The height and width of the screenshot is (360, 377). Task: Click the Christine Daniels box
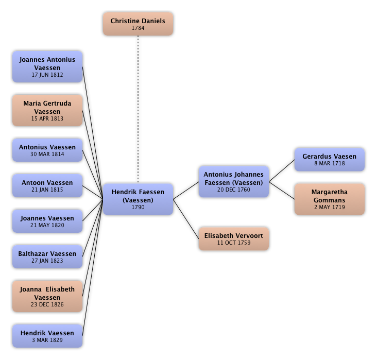click(x=138, y=24)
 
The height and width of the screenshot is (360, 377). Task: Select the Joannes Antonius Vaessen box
click(x=47, y=67)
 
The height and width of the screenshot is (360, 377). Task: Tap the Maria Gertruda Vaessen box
click(x=47, y=111)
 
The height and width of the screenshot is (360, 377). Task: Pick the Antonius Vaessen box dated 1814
click(x=47, y=150)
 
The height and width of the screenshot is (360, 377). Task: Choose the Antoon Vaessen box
click(x=47, y=186)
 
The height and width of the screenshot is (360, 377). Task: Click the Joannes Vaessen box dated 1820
click(x=47, y=221)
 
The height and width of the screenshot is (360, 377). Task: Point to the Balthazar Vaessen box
click(x=47, y=257)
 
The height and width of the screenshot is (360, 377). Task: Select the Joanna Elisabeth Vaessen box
click(x=47, y=297)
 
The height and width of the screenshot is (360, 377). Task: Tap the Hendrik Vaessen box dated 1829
click(x=47, y=336)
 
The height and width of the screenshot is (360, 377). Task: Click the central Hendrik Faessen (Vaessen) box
click(x=138, y=199)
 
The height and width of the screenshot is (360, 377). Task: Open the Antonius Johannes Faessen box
click(x=233, y=182)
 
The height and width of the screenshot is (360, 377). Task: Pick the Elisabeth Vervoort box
click(x=233, y=239)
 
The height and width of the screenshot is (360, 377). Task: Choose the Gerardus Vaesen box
click(x=329, y=160)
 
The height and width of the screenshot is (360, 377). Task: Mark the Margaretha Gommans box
click(x=329, y=199)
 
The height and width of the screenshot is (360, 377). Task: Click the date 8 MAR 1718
click(x=330, y=164)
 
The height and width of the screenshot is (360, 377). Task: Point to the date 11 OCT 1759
click(x=233, y=243)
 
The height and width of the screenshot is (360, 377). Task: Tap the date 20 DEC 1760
click(x=233, y=190)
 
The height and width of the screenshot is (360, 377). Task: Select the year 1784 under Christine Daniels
click(x=138, y=28)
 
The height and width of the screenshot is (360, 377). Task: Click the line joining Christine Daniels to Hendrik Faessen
click(x=138, y=108)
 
